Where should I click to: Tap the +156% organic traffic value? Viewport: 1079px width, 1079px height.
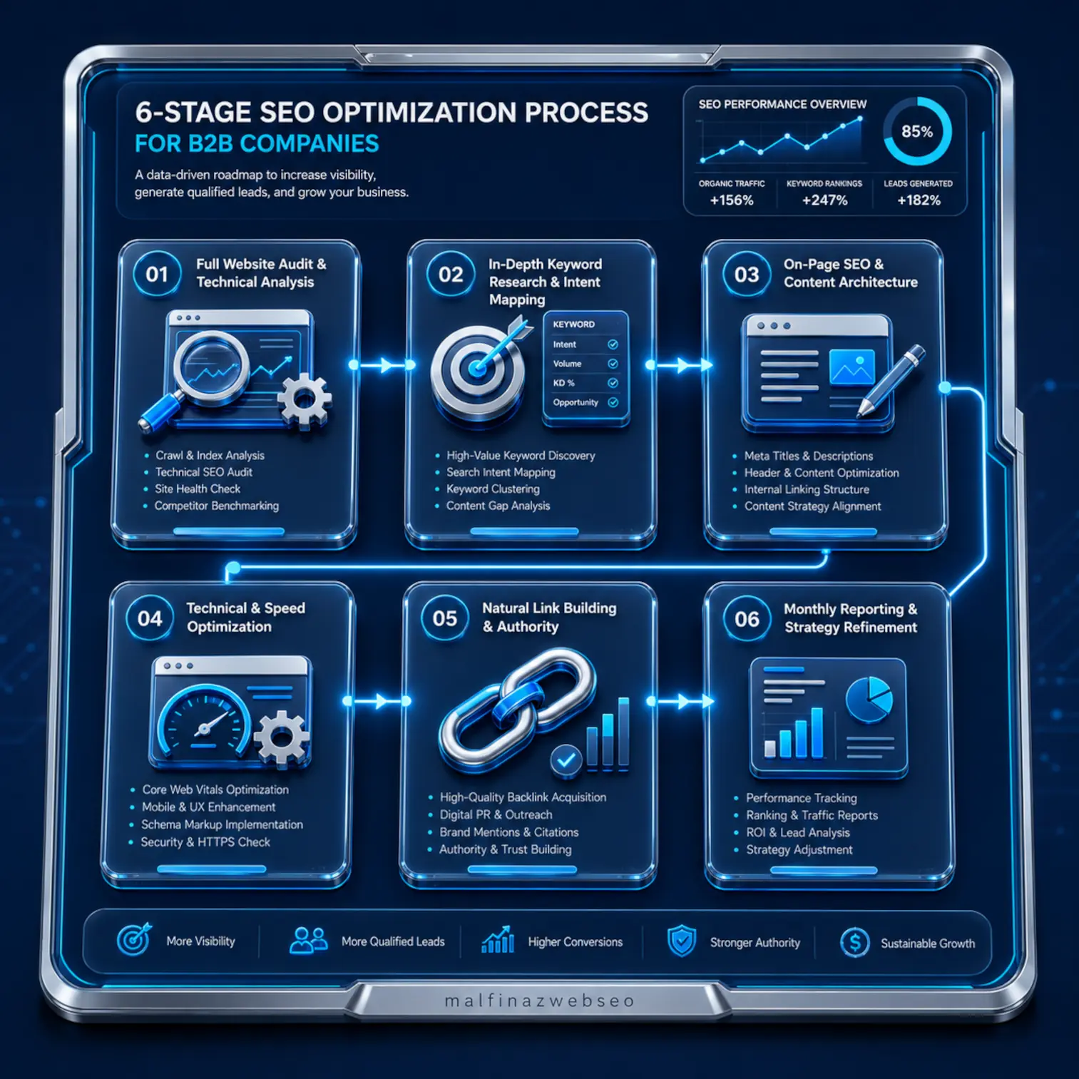pyautogui.click(x=732, y=200)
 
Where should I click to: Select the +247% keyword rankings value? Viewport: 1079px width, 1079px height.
pyautogui.click(x=824, y=200)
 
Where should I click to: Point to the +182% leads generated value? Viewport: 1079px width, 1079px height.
pyautogui.click(x=919, y=200)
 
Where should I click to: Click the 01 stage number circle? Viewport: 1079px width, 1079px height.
pyautogui.click(x=157, y=274)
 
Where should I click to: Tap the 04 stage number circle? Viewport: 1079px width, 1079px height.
pyautogui.click(x=150, y=618)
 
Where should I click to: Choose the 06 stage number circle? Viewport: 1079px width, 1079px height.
pyautogui.click(x=747, y=619)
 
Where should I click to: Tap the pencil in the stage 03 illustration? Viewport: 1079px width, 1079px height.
pyautogui.click(x=891, y=380)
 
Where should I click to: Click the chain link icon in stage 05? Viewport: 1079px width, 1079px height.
pyautogui.click(x=517, y=710)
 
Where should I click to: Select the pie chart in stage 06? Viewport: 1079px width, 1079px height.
pyautogui.click(x=869, y=700)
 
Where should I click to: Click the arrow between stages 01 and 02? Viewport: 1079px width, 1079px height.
pyautogui.click(x=382, y=365)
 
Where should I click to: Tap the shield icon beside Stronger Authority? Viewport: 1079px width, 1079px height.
pyautogui.click(x=682, y=941)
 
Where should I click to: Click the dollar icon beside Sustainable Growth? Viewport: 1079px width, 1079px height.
pyautogui.click(x=854, y=943)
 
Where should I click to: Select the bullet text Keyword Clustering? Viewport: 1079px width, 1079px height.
pyautogui.click(x=493, y=489)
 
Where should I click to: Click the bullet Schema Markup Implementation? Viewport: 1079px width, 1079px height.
pyautogui.click(x=222, y=824)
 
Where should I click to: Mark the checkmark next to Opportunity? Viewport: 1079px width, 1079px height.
pyautogui.click(x=613, y=402)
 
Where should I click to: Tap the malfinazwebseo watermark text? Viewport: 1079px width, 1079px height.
pyautogui.click(x=539, y=1001)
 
